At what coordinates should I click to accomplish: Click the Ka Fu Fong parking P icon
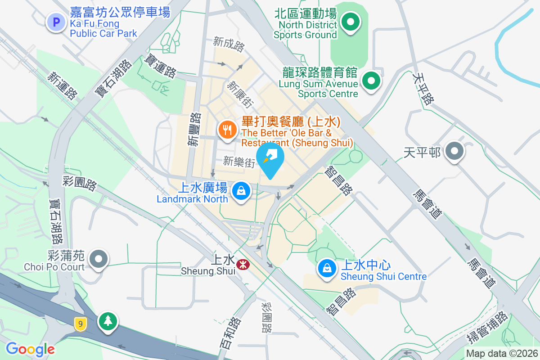[x=57, y=22]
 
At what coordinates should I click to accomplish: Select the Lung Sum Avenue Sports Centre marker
[x=371, y=81]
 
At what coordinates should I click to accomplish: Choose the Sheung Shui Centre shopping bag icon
[x=327, y=269]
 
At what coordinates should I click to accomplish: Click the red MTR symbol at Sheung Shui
[x=243, y=265]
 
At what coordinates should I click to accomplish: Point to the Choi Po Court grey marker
[x=99, y=259]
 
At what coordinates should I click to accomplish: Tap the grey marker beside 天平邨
[x=454, y=152]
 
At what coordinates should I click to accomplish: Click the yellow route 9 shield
[x=81, y=324]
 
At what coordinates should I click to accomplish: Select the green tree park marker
[x=108, y=321]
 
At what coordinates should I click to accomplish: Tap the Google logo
[x=30, y=349]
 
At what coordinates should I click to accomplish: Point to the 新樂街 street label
[x=239, y=162]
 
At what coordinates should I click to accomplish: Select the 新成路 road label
[x=229, y=43]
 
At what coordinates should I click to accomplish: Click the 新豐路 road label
[x=194, y=129]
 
